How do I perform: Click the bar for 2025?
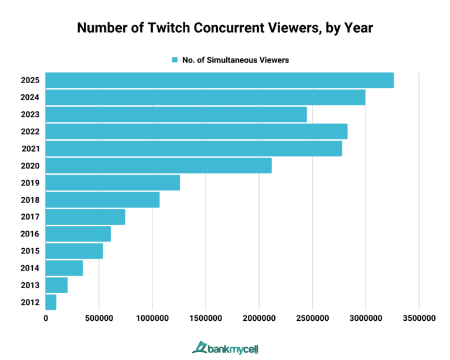click(219, 80)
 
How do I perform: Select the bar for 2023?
click(176, 114)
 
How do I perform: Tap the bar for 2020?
click(158, 166)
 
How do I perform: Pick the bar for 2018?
click(102, 200)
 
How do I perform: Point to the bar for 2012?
click(51, 302)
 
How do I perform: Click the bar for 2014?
click(64, 268)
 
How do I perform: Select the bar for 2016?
click(78, 234)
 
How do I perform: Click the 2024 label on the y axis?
click(29, 97)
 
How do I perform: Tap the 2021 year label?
click(29, 149)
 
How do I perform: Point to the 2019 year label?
click(29, 183)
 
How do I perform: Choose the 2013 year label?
click(29, 285)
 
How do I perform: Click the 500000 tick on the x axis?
click(98, 318)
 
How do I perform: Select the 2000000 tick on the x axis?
click(259, 318)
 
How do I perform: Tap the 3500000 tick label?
click(419, 318)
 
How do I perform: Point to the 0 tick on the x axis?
click(46, 318)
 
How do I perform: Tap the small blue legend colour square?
click(175, 60)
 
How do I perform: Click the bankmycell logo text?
click(231, 347)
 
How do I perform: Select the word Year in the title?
click(358, 28)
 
